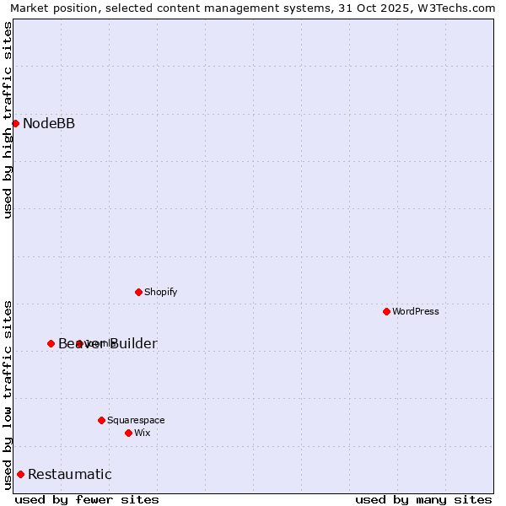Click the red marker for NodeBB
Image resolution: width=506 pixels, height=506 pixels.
click(x=15, y=123)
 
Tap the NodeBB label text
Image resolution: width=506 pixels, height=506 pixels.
click(x=49, y=124)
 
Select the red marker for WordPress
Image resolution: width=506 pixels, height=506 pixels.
click(x=386, y=311)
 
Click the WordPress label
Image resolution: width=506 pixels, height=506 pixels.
click(x=416, y=311)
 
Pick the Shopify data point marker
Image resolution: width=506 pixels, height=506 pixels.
click(x=138, y=292)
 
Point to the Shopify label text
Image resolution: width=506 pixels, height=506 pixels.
click(x=161, y=292)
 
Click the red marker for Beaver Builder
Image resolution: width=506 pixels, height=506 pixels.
click(x=51, y=343)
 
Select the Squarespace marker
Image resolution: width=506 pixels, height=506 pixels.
click(x=101, y=420)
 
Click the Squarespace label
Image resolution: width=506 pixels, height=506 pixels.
click(x=136, y=420)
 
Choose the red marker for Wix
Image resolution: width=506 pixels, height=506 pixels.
click(x=128, y=433)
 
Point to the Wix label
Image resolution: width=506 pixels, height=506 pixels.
click(x=143, y=433)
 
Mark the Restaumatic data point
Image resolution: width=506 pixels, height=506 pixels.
click(x=20, y=474)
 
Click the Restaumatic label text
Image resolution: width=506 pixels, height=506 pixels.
click(x=70, y=474)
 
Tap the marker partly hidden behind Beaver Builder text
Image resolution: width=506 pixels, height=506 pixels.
click(x=79, y=343)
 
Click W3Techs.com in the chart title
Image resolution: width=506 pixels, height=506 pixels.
click(x=460, y=8)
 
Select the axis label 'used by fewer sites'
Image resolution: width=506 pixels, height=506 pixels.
click(x=87, y=499)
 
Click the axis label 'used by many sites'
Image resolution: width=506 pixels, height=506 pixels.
click(x=423, y=499)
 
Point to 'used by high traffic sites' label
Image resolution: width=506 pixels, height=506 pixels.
click(x=8, y=120)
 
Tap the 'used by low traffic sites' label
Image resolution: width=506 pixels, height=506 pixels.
click(x=8, y=394)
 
